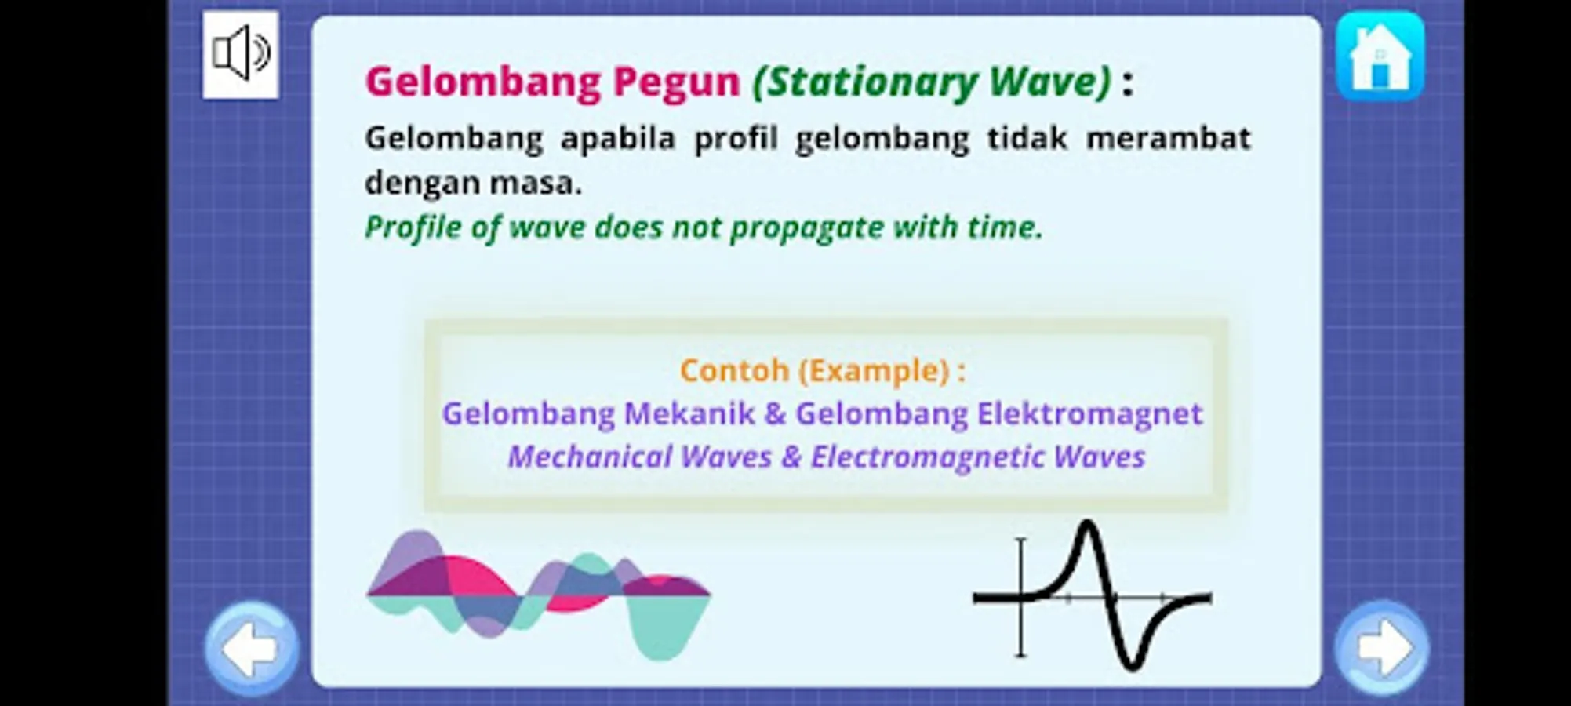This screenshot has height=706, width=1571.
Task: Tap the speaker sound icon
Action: pos(241,54)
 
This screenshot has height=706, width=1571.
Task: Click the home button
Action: pos(1380,56)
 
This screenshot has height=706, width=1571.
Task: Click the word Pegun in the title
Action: pos(676,82)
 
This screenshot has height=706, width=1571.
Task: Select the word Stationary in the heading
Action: pos(866,82)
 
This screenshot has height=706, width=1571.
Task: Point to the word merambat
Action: pos(1168,138)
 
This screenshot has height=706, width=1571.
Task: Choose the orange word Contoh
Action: pos(734,370)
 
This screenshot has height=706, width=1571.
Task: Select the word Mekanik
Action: pos(689,413)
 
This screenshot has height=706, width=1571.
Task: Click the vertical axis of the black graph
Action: pos(1020,597)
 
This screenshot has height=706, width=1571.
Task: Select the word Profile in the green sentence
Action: pos(413,227)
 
